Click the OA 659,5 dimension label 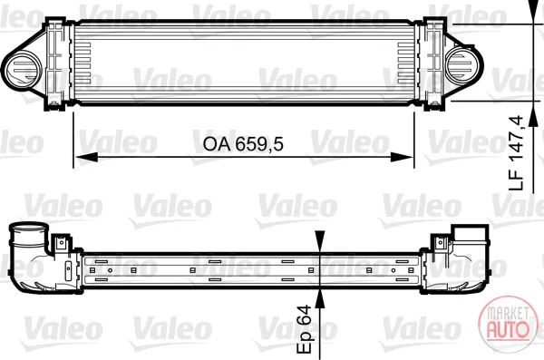[243, 143]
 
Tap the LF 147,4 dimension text [516, 153]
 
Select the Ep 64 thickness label [305, 329]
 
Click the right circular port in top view [462, 65]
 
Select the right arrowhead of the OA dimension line [402, 158]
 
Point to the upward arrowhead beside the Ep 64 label [319, 299]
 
